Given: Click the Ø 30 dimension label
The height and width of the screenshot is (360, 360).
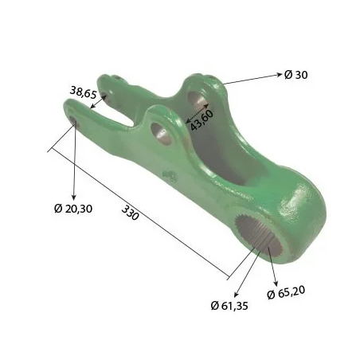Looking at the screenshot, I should tap(295, 75).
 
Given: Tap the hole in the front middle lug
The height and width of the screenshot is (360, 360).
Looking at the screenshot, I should tap(162, 133).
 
